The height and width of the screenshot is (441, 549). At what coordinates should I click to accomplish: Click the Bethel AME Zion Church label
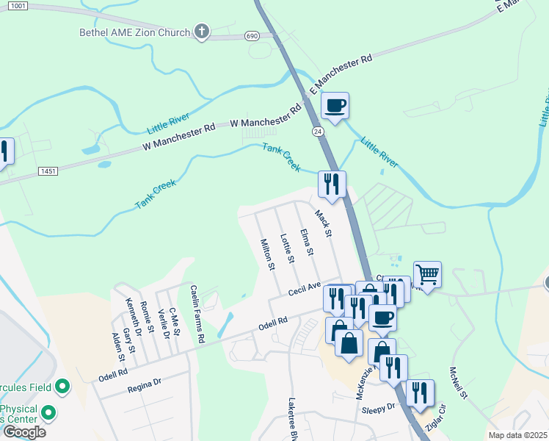135,32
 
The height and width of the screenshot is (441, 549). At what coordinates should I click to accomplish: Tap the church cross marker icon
202,32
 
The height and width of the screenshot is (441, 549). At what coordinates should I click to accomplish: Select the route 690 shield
251,36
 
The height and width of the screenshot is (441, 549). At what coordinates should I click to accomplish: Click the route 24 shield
316,131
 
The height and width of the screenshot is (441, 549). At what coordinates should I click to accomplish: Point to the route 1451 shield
48,171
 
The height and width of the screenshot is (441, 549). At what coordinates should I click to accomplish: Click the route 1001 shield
19,6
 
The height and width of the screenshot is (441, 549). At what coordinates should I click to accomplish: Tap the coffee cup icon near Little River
335,106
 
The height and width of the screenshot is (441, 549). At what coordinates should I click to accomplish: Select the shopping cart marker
427,275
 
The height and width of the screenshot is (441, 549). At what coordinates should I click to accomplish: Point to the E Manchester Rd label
341,72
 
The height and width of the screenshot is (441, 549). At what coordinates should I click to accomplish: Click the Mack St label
324,224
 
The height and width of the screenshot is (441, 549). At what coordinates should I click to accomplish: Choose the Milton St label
267,254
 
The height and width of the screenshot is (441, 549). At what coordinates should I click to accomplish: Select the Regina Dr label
143,386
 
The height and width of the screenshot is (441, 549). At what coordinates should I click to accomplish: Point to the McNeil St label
459,383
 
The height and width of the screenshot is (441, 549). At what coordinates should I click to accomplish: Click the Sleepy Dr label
380,406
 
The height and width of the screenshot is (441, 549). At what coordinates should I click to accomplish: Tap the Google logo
23,432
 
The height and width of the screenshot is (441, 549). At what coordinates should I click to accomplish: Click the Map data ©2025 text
518,435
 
